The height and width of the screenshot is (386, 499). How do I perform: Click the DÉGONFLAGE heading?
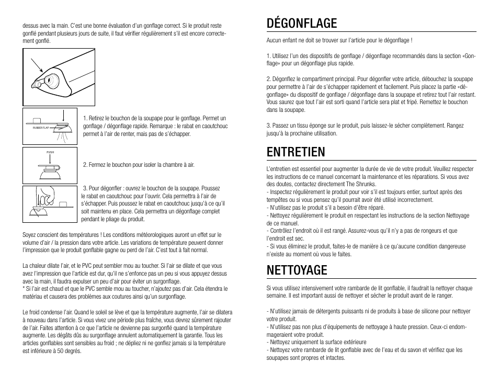point(301,24)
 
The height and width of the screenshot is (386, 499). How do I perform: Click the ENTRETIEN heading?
point(296,152)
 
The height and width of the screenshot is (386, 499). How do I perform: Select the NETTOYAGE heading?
point(297,270)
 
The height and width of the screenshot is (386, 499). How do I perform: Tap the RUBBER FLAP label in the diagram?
point(40,127)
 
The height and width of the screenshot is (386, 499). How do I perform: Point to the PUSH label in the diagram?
point(50,152)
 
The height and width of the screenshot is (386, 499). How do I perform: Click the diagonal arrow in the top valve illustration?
point(36,66)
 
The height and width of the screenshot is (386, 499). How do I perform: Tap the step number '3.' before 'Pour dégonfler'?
point(86,188)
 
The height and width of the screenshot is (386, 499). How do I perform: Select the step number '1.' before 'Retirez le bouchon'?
point(85,118)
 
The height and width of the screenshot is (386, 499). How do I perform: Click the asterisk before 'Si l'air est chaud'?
point(24,289)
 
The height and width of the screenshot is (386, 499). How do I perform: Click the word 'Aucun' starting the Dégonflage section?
point(274,40)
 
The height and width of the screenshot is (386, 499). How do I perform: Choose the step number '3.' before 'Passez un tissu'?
point(268,126)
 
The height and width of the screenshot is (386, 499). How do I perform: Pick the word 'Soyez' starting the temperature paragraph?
point(29,235)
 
